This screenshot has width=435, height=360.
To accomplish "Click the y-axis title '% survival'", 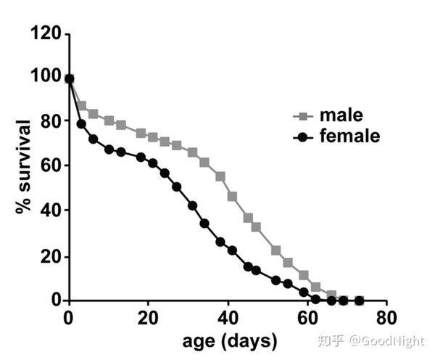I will pos(23,165).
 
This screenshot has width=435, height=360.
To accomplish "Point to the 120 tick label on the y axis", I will pos(44,33).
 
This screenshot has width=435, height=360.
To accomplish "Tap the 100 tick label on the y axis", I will pos(44,75).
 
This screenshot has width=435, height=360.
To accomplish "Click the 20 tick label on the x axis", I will pos(148,318).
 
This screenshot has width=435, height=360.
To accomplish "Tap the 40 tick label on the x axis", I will pos(228,318).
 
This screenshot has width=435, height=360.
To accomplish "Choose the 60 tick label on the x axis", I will pos(307,318).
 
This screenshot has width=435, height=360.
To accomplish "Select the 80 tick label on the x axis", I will pos(387,318).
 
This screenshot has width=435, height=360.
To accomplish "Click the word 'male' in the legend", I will pos(341,115).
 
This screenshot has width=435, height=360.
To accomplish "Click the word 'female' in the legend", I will pos(349,136).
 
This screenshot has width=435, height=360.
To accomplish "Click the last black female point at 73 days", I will pos(359,300).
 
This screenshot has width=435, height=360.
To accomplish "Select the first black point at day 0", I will pos(69,79).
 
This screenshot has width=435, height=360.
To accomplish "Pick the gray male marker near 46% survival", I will pos(232,196).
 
